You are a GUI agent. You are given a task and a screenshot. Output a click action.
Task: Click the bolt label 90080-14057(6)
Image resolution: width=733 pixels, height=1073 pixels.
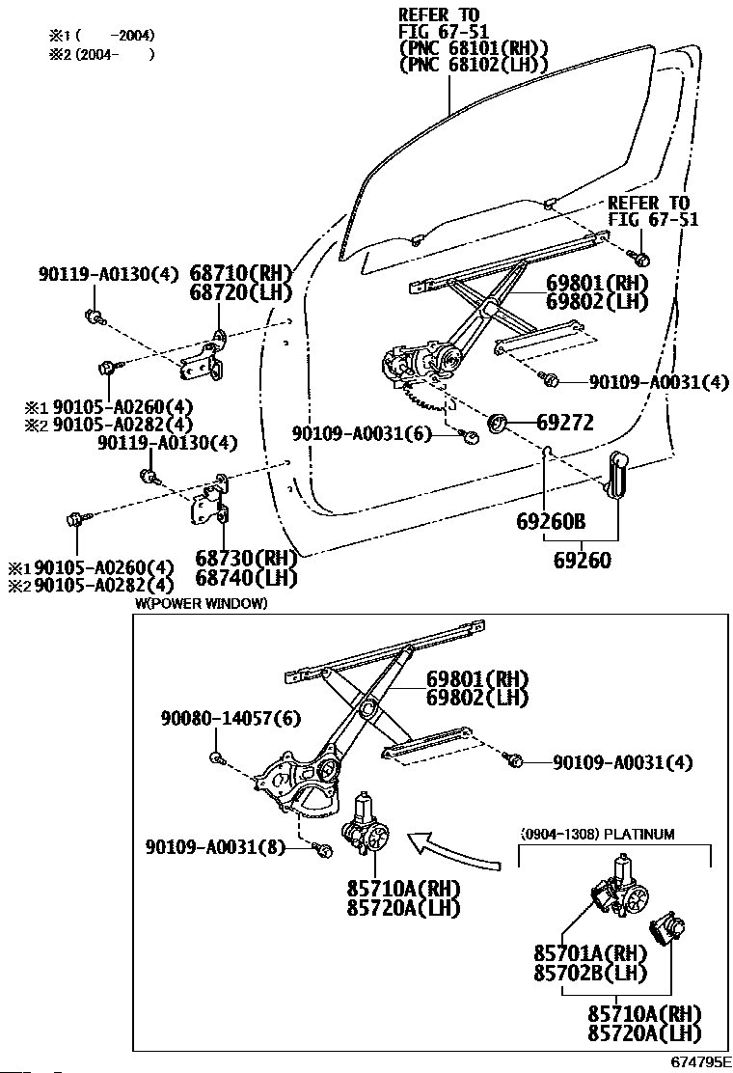click(218, 718)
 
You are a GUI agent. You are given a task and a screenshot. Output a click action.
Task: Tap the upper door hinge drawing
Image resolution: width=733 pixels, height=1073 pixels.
click(206, 356)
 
